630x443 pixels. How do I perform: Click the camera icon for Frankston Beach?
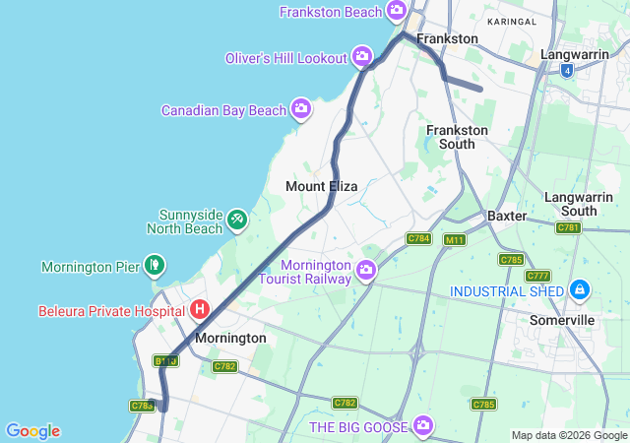(397, 12)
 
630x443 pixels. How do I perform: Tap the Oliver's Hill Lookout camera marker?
(363, 56)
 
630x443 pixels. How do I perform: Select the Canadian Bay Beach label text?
(223, 110)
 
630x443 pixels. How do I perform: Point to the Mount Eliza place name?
(321, 186)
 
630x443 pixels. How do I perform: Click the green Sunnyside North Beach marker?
(237, 219)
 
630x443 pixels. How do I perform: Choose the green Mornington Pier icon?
(154, 265)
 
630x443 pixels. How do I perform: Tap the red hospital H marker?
(200, 310)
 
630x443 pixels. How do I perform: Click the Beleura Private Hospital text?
(112, 311)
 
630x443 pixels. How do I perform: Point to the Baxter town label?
(508, 215)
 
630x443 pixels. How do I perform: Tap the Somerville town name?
(562, 320)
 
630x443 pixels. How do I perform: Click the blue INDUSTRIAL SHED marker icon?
(581, 290)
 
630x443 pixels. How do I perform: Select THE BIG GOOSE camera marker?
(423, 425)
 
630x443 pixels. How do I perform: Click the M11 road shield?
(454, 239)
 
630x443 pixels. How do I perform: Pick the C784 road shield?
(419, 238)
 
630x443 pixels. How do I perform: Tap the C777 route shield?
(538, 276)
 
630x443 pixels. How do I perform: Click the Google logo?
(32, 431)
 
